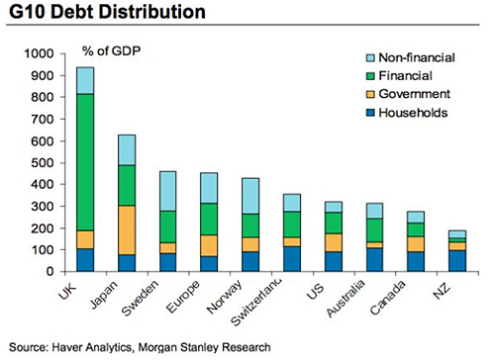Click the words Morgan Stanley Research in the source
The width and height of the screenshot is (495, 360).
(x=240, y=346)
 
